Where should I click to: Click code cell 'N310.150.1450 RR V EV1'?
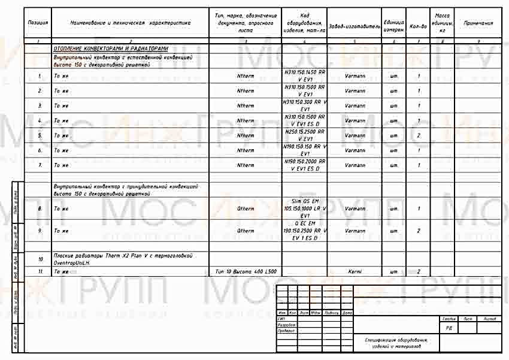[x=304, y=76]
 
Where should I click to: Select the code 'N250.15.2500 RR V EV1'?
[x=304, y=135]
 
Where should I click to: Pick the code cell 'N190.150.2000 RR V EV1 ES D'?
[x=304, y=165]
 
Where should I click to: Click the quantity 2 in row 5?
[x=418, y=135]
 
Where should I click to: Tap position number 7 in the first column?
[x=40, y=165]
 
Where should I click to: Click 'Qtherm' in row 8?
[x=246, y=208]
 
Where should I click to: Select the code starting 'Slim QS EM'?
[x=304, y=208]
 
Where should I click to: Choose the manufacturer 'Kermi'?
[x=355, y=271]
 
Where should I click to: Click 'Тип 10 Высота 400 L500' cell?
[x=246, y=271]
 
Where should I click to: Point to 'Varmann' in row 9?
[x=355, y=231]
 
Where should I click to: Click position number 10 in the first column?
[x=40, y=259]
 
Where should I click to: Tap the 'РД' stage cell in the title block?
[x=449, y=328]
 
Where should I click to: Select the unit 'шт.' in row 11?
[x=393, y=271]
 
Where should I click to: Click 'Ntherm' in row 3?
[x=246, y=105]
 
